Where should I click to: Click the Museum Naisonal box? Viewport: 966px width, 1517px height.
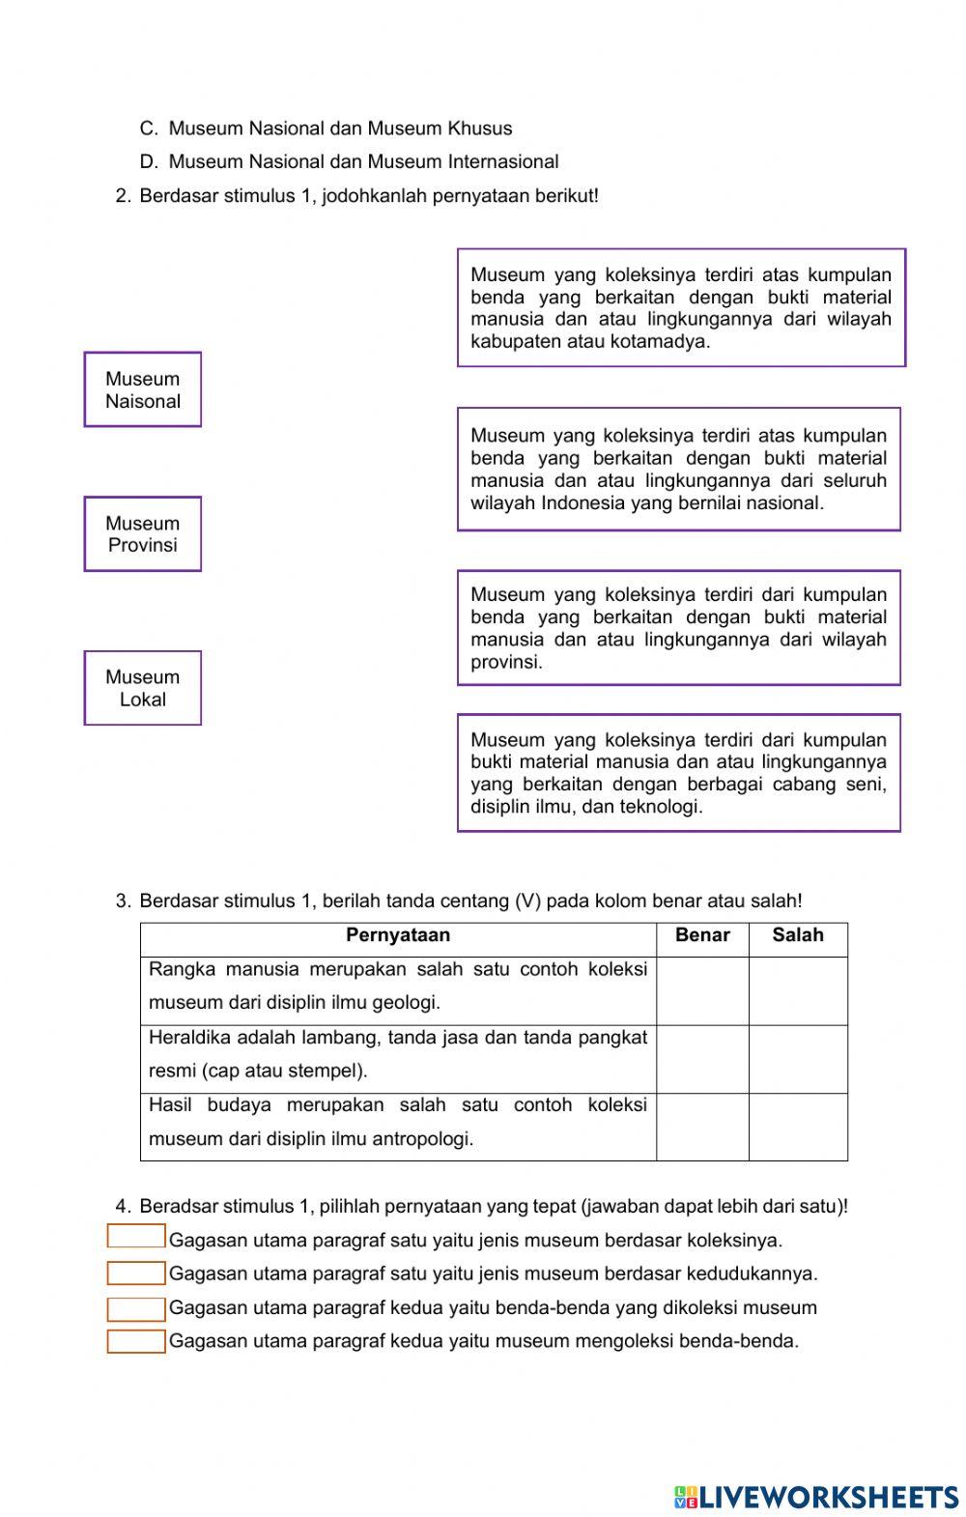(x=143, y=389)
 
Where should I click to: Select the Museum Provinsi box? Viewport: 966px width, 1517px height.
(x=143, y=534)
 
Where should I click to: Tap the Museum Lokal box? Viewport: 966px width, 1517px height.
(x=143, y=688)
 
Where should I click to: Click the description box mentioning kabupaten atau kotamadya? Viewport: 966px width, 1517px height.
(x=681, y=308)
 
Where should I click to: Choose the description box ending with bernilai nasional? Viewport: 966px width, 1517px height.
(x=678, y=470)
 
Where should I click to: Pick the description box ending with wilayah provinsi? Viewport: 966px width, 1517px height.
(x=678, y=628)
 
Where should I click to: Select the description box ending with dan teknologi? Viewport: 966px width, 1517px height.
(x=678, y=773)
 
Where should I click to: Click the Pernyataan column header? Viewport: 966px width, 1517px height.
(x=398, y=935)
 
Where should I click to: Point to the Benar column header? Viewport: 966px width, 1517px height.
(x=702, y=935)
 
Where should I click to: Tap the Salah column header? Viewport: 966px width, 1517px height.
(x=798, y=935)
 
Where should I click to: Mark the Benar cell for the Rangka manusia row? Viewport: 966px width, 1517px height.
(x=702, y=990)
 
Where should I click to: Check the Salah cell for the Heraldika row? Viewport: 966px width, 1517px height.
(x=798, y=1059)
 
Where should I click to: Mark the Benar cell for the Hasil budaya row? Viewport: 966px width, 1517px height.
(x=702, y=1127)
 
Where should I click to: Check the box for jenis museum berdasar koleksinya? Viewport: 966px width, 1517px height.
(x=136, y=1237)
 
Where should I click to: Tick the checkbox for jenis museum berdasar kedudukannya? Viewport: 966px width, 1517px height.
(x=136, y=1274)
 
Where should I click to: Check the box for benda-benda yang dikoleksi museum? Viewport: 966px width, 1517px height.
(x=136, y=1309)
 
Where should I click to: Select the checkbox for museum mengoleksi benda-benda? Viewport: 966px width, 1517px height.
(x=136, y=1342)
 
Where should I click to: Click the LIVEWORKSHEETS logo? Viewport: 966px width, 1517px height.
(x=816, y=1498)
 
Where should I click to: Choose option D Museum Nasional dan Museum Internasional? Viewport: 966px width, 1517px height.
(x=363, y=161)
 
